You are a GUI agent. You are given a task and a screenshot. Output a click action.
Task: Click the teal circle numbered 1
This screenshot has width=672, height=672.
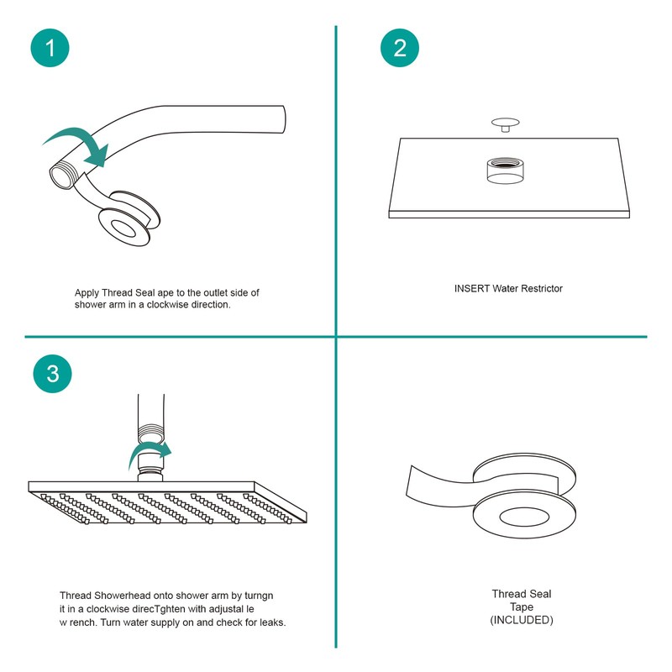50,48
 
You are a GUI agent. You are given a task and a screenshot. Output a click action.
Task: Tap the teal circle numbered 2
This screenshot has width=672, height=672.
400,48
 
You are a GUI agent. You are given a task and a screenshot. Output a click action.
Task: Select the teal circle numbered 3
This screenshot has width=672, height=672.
52,373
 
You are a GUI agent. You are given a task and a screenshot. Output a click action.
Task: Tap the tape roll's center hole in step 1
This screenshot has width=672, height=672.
123,227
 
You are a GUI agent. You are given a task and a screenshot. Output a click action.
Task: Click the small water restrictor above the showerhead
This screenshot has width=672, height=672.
506,124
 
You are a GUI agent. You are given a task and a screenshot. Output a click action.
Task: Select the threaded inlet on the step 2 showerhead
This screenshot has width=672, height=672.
506,170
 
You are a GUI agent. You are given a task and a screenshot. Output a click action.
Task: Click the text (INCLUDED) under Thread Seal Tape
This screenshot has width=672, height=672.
522,620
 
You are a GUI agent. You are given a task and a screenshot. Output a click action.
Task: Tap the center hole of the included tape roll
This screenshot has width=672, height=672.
524,517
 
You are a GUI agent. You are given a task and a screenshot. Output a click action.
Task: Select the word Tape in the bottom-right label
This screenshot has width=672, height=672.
522,606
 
